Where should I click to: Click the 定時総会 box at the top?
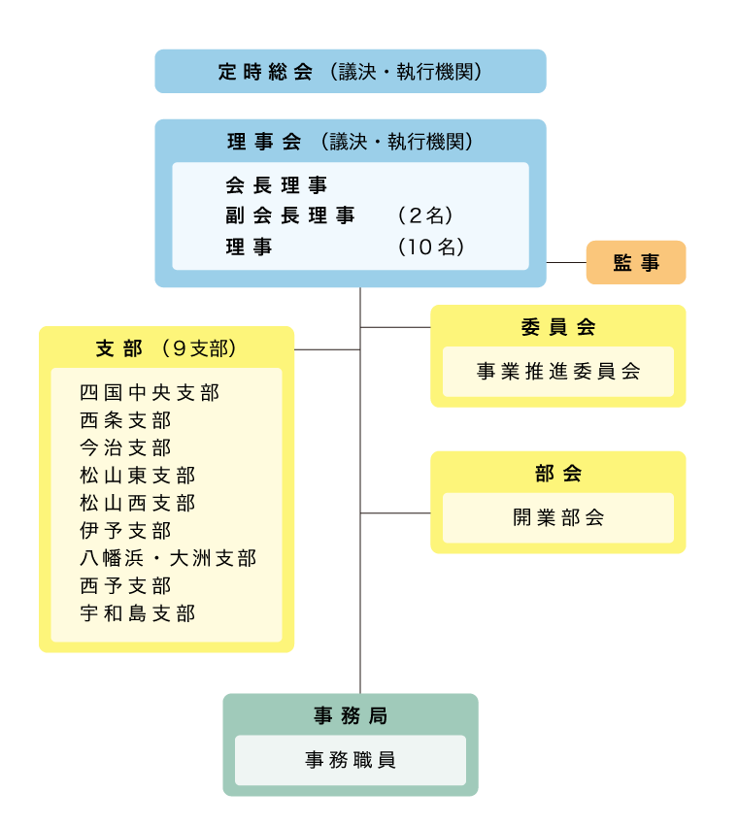click(x=350, y=71)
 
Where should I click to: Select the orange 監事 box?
click(x=635, y=262)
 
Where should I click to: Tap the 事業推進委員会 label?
click(x=558, y=372)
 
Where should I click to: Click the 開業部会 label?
click(x=558, y=517)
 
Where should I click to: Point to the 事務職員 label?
click(x=350, y=760)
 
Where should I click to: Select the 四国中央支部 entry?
click(x=150, y=393)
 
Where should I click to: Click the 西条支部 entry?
click(x=125, y=420)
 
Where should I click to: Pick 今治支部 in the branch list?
click(x=125, y=447)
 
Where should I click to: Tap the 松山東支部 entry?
click(x=137, y=476)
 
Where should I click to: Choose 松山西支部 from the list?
click(x=137, y=503)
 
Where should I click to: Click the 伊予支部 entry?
click(x=125, y=531)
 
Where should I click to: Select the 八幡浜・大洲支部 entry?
click(x=168, y=558)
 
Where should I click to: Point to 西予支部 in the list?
click(x=125, y=585)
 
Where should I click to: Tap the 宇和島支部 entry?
click(x=137, y=613)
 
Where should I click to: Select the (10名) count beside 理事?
click(x=431, y=247)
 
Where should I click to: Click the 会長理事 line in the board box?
click(x=277, y=184)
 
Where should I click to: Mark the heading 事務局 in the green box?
click(x=350, y=716)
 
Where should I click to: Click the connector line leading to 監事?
click(x=566, y=262)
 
